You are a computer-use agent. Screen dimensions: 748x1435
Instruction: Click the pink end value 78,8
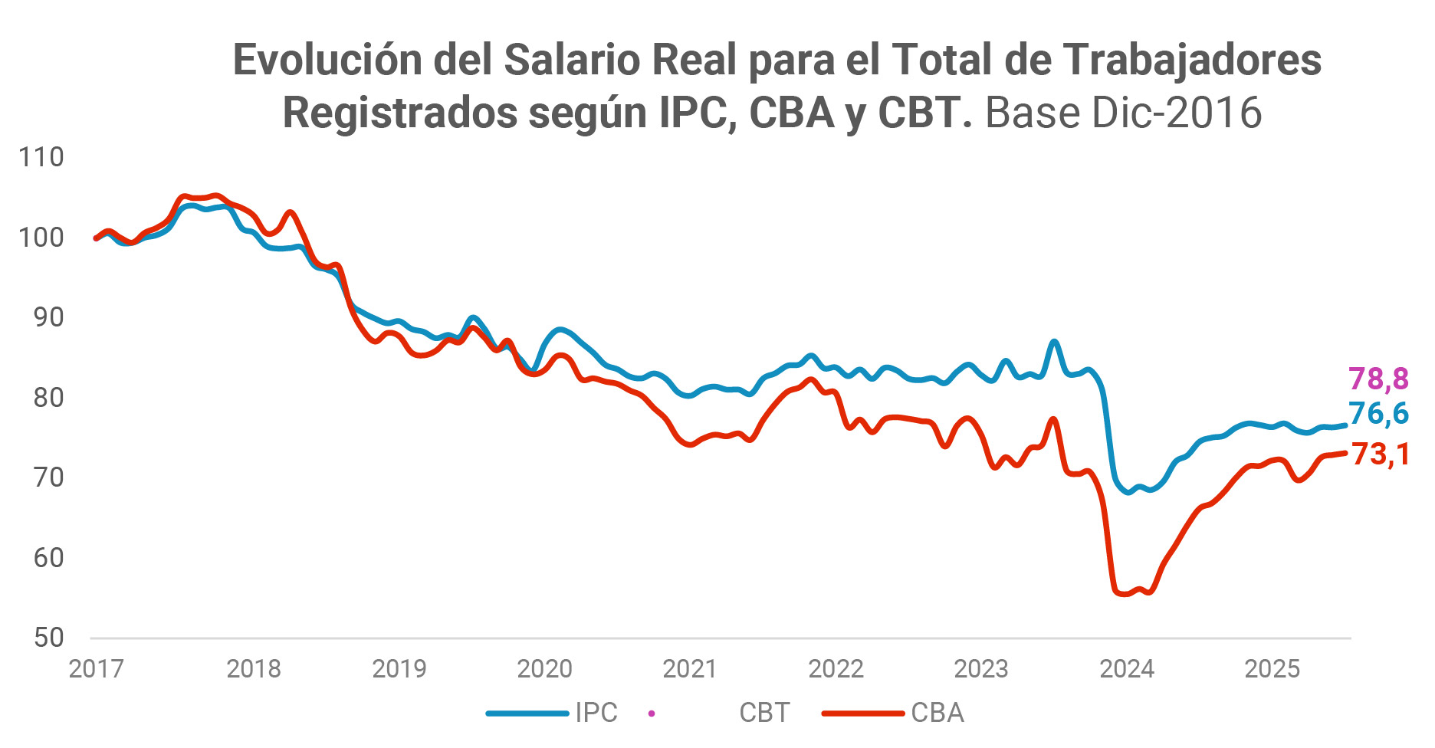click(x=1378, y=379)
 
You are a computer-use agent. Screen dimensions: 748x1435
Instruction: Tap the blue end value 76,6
click(x=1378, y=414)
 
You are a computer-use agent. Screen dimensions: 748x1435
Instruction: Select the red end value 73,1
click(x=1380, y=454)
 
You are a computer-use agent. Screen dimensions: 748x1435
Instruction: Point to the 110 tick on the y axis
click(x=41, y=157)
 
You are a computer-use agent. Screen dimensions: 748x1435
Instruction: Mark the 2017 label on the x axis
click(x=97, y=669)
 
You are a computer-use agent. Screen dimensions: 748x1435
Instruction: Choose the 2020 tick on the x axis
click(x=544, y=669)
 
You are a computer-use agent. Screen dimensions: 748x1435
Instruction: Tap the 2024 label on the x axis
click(x=1127, y=669)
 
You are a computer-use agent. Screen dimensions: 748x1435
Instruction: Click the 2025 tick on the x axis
click(x=1272, y=669)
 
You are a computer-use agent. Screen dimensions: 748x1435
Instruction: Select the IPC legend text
click(x=596, y=713)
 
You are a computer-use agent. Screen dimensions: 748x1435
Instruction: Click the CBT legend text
click(x=764, y=713)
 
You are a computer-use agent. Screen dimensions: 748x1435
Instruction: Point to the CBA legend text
click(x=937, y=713)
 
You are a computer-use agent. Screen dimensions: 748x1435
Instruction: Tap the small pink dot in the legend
click(x=652, y=714)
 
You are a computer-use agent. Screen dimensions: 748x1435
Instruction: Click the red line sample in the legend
click(x=862, y=714)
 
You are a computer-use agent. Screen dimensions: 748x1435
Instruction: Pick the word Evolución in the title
click(x=327, y=60)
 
